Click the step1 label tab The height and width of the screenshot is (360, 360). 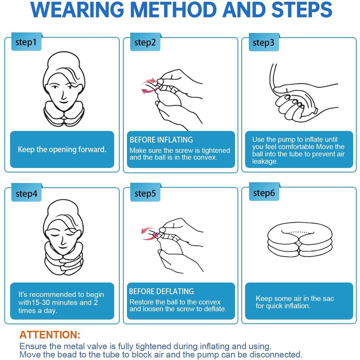(26, 42)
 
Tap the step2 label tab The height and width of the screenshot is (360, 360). (145, 42)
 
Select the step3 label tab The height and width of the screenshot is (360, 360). (264, 42)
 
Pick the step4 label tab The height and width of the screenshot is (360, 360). (26, 193)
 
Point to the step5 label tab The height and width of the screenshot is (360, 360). (145, 193)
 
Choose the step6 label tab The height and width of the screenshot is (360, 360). (264, 192)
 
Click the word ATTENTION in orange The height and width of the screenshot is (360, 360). (49, 335)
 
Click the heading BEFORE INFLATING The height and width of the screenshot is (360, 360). (161, 140)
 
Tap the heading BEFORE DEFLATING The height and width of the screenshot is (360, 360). (161, 292)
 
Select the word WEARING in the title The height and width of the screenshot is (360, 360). (77, 10)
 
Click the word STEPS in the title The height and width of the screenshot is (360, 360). (302, 10)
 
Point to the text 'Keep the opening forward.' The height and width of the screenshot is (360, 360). (62, 150)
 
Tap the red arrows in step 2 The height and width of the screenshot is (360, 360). (149, 86)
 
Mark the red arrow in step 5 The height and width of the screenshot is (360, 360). (149, 233)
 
